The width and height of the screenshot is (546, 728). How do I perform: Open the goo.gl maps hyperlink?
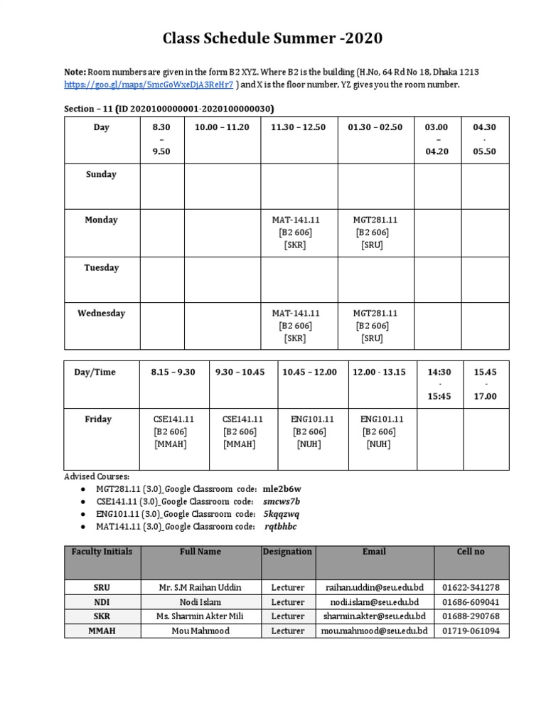click(x=148, y=85)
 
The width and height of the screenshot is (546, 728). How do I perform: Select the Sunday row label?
click(x=101, y=174)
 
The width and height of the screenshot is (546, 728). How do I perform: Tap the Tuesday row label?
click(x=101, y=268)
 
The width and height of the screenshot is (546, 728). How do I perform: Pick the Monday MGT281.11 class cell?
click(x=375, y=232)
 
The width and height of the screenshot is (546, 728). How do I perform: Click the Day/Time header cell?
click(x=95, y=372)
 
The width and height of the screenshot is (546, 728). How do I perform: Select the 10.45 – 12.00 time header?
click(x=309, y=372)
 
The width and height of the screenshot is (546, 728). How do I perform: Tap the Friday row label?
click(x=98, y=419)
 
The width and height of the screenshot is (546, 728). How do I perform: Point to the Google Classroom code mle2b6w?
click(x=282, y=489)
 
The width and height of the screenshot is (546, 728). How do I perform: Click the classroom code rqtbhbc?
click(x=281, y=526)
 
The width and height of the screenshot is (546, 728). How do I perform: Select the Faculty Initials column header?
click(x=102, y=552)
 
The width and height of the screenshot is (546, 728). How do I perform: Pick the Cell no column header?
click(x=470, y=552)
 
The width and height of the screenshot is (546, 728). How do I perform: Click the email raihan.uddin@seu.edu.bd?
click(x=375, y=588)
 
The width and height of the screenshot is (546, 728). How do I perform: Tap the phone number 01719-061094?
click(x=471, y=631)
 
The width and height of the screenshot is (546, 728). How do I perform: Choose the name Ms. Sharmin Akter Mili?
click(x=200, y=616)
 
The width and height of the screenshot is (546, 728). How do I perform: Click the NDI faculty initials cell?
click(x=102, y=602)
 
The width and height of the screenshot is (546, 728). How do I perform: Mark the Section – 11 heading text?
click(x=169, y=108)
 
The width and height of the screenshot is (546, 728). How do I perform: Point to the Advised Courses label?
click(x=92, y=476)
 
